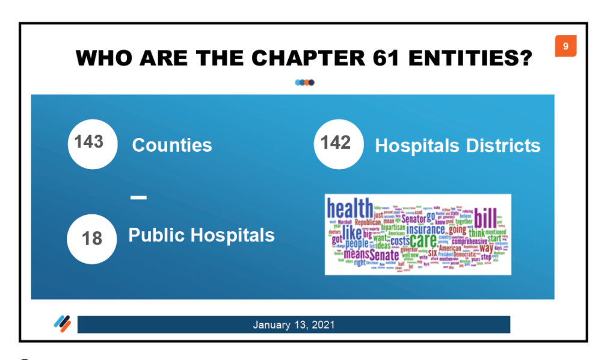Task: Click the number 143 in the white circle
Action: [89, 142]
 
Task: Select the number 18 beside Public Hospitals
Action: [91, 238]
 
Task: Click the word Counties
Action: [172, 145]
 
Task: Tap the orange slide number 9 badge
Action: [565, 46]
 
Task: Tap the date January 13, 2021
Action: [294, 324]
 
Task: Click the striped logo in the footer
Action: [62, 324]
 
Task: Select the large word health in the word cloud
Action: [350, 209]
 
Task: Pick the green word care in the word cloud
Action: [423, 240]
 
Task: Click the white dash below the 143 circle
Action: [138, 197]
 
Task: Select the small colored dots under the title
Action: [305, 82]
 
